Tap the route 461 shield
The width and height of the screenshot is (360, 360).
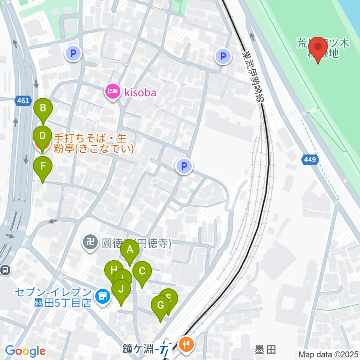click(x=22, y=100)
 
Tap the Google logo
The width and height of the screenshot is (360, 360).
click(x=25, y=351)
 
